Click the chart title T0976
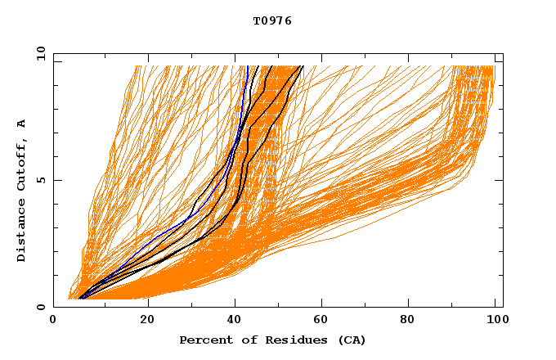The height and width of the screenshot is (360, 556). click(x=272, y=21)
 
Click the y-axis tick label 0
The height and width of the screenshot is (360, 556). click(x=40, y=307)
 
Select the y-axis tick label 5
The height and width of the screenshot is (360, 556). click(x=40, y=180)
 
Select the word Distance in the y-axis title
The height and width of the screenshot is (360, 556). click(x=22, y=231)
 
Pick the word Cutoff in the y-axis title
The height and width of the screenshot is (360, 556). click(x=22, y=164)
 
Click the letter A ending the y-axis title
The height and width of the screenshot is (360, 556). click(x=22, y=124)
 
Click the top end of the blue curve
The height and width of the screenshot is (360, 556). click(x=246, y=66)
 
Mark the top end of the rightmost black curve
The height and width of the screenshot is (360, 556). click(x=303, y=66)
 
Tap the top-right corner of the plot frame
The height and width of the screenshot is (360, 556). click(x=503, y=53)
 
